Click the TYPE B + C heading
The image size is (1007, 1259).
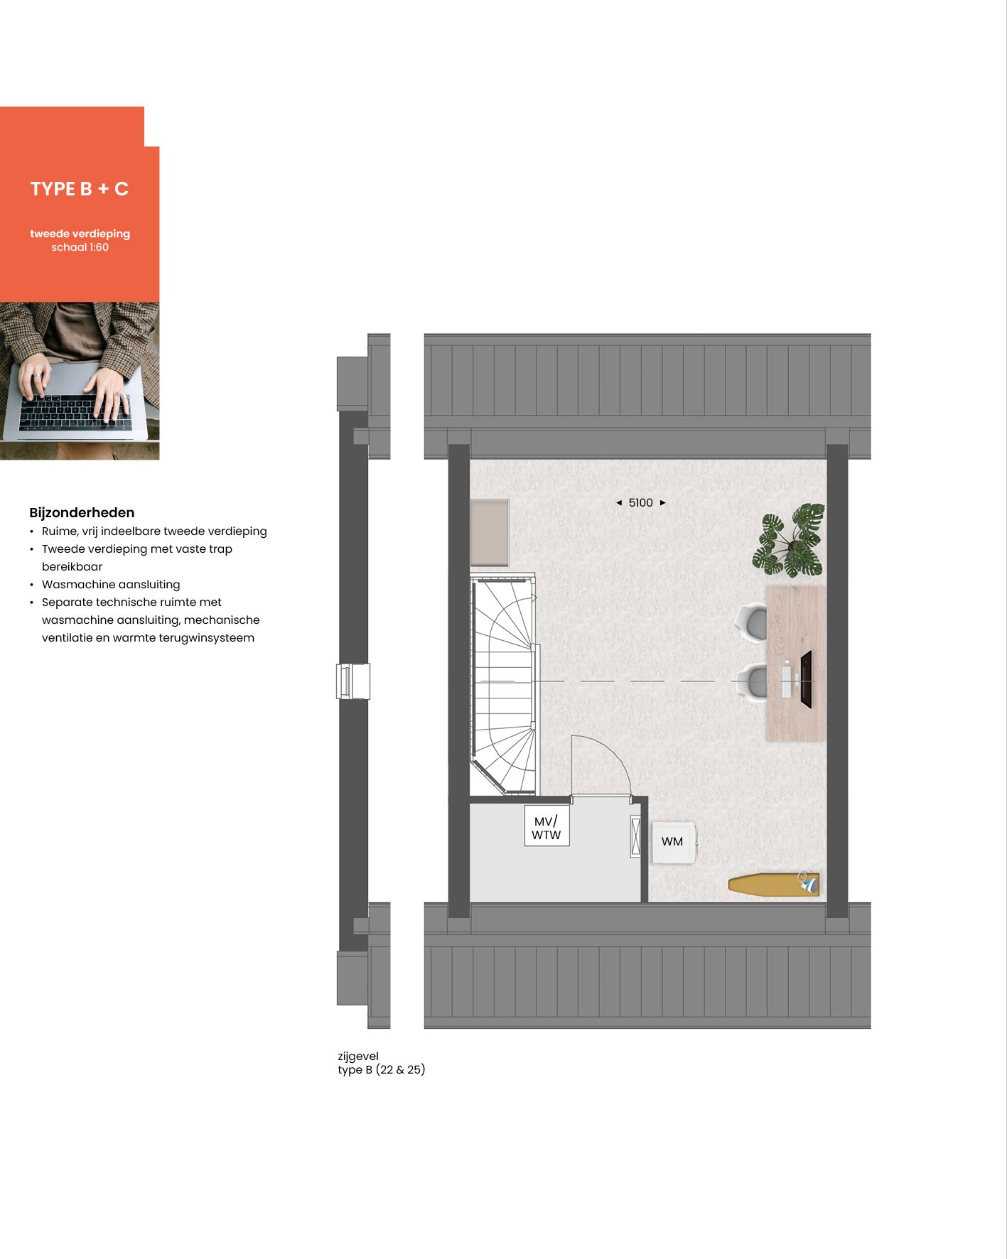pyautogui.click(x=80, y=189)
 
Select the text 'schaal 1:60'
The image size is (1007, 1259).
pyautogui.click(x=80, y=247)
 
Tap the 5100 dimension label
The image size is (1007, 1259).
pyautogui.click(x=640, y=503)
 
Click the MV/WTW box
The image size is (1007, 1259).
pyautogui.click(x=546, y=828)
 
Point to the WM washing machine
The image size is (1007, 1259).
pyautogui.click(x=673, y=842)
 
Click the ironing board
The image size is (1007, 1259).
pyautogui.click(x=772, y=885)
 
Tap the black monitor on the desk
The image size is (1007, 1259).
pyautogui.click(x=806, y=679)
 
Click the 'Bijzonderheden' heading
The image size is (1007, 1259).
pyautogui.click(x=82, y=513)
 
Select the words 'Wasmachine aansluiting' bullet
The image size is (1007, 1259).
pyautogui.click(x=111, y=585)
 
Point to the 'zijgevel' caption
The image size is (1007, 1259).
pyautogui.click(x=358, y=1057)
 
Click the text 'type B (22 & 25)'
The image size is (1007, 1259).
pyautogui.click(x=382, y=1070)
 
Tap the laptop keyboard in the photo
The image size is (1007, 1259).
pyautogui.click(x=75, y=412)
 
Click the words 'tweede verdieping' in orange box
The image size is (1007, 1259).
pyautogui.click(x=80, y=234)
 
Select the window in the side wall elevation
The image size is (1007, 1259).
pyautogui.click(x=353, y=681)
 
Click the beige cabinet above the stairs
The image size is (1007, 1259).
pyautogui.click(x=490, y=532)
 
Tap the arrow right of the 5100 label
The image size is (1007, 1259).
pyautogui.click(x=663, y=503)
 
